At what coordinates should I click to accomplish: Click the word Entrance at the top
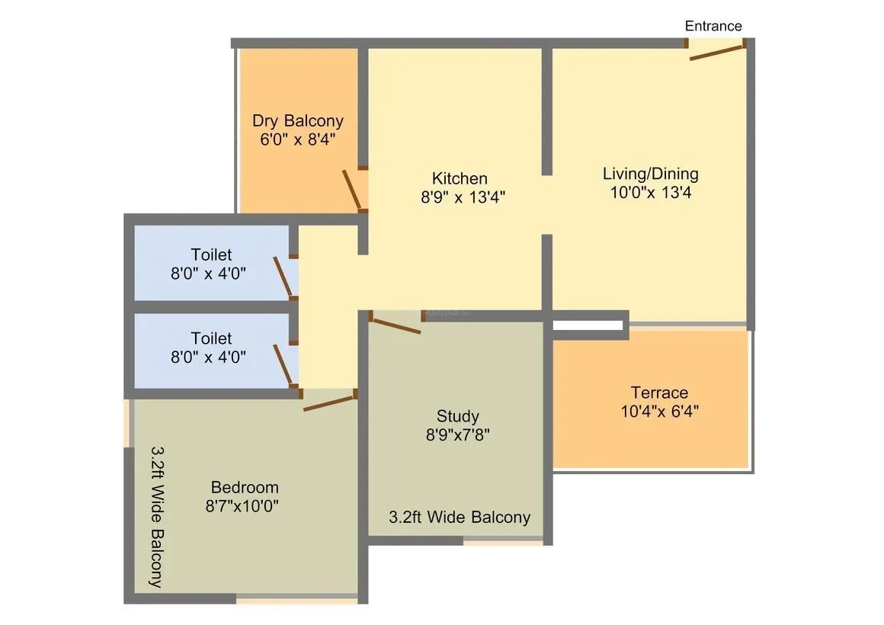pos(713,26)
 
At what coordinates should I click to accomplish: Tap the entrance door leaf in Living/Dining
pos(716,52)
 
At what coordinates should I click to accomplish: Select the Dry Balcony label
pos(298,120)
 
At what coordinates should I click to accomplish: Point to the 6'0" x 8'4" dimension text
pos(298,139)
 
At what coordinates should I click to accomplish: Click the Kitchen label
pos(460,178)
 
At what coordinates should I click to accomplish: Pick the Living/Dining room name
pos(650,173)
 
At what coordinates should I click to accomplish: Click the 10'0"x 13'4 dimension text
pos(650,192)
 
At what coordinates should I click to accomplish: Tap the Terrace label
pos(659,393)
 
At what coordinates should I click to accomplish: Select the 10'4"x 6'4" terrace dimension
pos(659,412)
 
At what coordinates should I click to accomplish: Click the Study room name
pos(457,416)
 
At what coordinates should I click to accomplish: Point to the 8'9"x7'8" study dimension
pos(457,435)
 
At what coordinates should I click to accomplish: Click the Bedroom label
pos(245,487)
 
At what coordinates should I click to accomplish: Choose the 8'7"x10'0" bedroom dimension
pos(242,505)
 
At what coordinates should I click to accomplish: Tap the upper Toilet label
pos(211,255)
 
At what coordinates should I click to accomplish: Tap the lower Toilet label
pos(211,338)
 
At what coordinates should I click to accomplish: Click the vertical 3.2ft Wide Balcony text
pos(157,517)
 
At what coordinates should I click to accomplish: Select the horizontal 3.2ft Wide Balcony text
pos(460,517)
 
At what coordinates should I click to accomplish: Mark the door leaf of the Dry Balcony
pos(351,189)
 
